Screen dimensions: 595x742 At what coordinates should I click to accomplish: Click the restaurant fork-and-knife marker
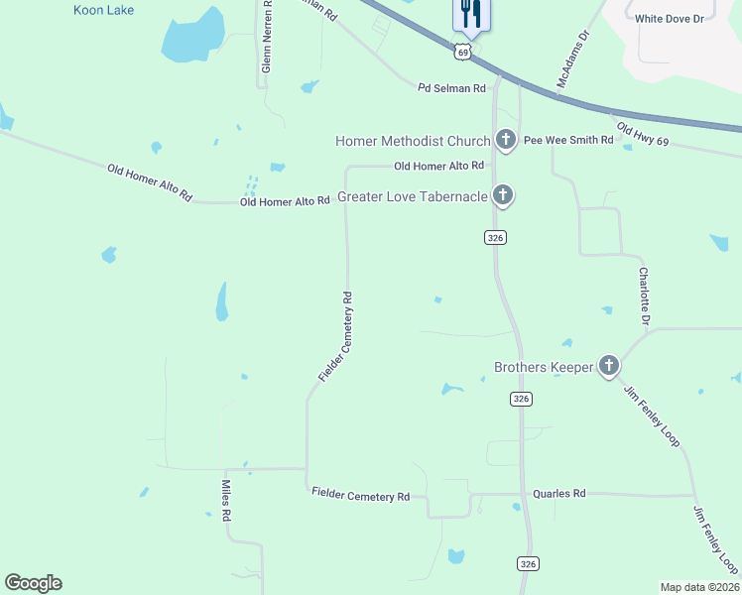click(x=469, y=14)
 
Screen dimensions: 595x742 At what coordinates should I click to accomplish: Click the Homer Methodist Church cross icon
click(x=506, y=141)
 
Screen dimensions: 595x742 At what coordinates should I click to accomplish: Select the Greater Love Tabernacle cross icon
click(x=503, y=195)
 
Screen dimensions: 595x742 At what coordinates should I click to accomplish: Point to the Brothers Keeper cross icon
click(x=609, y=367)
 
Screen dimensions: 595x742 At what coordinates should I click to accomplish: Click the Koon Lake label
click(x=104, y=10)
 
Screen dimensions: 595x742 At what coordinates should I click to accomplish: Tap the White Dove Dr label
click(x=669, y=18)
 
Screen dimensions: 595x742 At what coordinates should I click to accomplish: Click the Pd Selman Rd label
click(x=451, y=88)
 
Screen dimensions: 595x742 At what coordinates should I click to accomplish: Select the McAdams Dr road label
click(x=572, y=59)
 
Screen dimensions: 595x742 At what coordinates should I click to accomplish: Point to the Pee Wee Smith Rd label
click(x=568, y=140)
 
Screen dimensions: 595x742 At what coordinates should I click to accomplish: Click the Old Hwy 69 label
click(x=643, y=135)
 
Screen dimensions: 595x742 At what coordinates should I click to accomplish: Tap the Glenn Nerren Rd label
click(x=266, y=40)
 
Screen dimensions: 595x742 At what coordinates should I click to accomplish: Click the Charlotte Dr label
click(x=644, y=297)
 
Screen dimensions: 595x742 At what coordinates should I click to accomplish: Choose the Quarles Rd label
click(x=559, y=493)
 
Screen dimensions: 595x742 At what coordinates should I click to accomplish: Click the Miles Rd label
click(x=226, y=502)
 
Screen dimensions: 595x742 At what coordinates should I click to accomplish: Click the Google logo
click(x=33, y=583)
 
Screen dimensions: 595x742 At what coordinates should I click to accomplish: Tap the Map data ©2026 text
click(x=698, y=587)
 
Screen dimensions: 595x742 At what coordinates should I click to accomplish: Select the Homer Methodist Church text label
click(x=413, y=141)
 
